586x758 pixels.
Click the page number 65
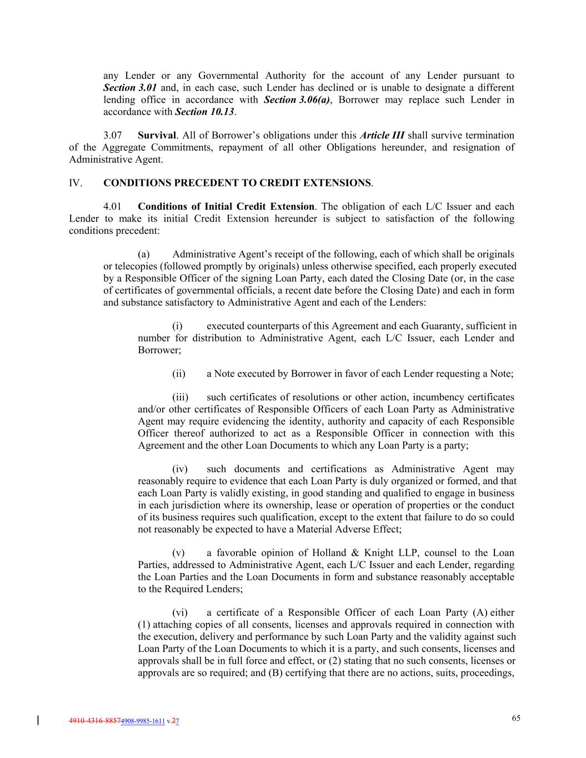click(516, 718)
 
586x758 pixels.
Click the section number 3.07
click(114, 135)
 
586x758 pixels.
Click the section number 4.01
click(114, 207)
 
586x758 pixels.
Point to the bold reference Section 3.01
click(130, 88)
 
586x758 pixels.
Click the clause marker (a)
click(143, 254)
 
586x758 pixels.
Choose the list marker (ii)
click(179, 374)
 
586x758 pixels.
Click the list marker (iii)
click(180, 397)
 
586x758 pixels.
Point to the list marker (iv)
click(180, 469)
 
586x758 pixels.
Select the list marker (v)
click(178, 553)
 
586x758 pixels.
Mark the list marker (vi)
click(180, 613)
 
